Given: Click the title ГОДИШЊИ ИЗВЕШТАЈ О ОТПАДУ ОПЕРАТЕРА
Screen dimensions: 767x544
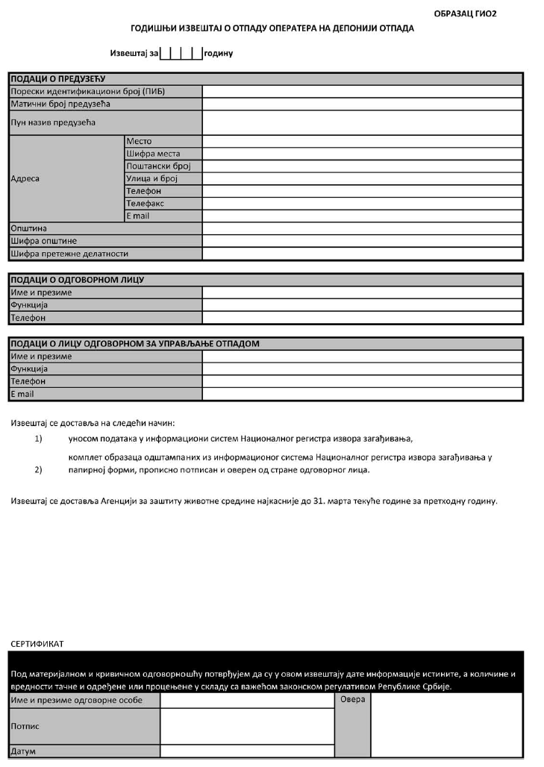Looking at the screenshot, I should coord(272,28).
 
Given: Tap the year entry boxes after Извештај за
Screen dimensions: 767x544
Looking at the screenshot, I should coord(181,54).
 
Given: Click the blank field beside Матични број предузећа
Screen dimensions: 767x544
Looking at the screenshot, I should coord(362,104).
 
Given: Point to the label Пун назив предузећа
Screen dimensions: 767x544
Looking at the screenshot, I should coord(53,122).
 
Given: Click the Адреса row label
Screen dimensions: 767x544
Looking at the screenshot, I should coord(25,179).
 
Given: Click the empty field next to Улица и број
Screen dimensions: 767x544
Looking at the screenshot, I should coord(362,179).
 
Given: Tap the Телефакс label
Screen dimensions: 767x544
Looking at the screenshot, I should coord(145,204).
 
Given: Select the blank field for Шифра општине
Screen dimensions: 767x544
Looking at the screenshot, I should coord(362,241).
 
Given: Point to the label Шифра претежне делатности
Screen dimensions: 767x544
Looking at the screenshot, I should coord(69,254).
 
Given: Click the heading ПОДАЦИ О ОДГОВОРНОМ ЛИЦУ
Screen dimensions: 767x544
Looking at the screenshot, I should coord(77,280).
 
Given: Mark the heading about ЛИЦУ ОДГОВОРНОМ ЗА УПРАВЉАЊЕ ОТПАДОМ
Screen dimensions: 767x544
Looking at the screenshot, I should coord(134,343).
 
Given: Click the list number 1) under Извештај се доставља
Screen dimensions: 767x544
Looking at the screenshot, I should coord(38,438).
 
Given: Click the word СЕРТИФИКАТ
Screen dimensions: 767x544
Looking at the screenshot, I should coord(38,642).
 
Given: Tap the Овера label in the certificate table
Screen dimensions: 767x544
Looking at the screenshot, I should coord(352,700).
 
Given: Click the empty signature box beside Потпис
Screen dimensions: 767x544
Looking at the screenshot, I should coord(247,726).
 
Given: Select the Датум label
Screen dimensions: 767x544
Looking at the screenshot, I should coord(22,751).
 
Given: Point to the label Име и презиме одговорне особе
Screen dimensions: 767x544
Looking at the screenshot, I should coord(75,701).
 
